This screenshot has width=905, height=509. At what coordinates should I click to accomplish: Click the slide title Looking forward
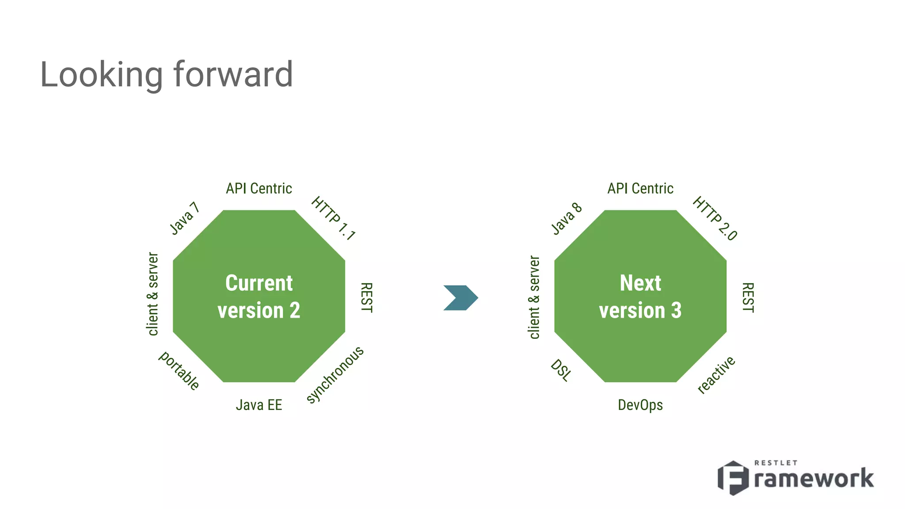pos(166,74)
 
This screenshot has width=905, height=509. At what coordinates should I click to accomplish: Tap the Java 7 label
pos(185,218)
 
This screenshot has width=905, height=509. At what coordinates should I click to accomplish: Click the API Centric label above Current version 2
pos(259,189)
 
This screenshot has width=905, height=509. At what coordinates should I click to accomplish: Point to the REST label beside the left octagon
pos(366,297)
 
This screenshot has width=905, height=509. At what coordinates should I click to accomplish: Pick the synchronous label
pos(335,375)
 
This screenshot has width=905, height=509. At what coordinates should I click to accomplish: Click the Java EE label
pos(259,405)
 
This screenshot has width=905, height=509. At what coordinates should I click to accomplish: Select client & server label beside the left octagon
pos(152,294)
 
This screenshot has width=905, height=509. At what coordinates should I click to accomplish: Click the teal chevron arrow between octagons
pos(461,297)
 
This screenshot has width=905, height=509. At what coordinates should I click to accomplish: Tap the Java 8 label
pos(567,218)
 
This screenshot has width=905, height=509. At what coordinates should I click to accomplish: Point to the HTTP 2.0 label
pos(715,218)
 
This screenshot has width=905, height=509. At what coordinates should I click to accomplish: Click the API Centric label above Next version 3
pos(640,189)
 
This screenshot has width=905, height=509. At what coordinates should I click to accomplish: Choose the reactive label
pos(716,375)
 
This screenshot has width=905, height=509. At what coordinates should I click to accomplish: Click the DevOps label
pos(640,405)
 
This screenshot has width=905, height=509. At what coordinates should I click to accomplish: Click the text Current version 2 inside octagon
pos(259,296)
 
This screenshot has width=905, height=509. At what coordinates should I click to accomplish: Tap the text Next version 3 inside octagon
pos(640,296)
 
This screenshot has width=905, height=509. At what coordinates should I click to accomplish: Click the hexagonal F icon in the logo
pos(733,478)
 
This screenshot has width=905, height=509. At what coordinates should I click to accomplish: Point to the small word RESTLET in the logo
pos(776,463)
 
